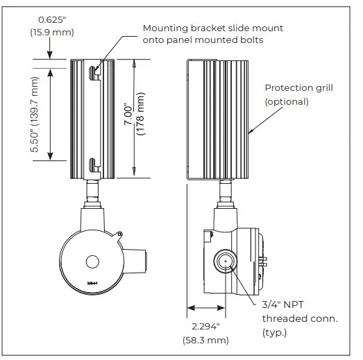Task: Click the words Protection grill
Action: click(299, 88)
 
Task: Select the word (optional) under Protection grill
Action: click(287, 101)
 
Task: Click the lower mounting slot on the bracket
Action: click(92, 165)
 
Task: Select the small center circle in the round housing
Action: click(91, 262)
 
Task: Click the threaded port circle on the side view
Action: click(223, 262)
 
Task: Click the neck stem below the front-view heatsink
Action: click(90, 190)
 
